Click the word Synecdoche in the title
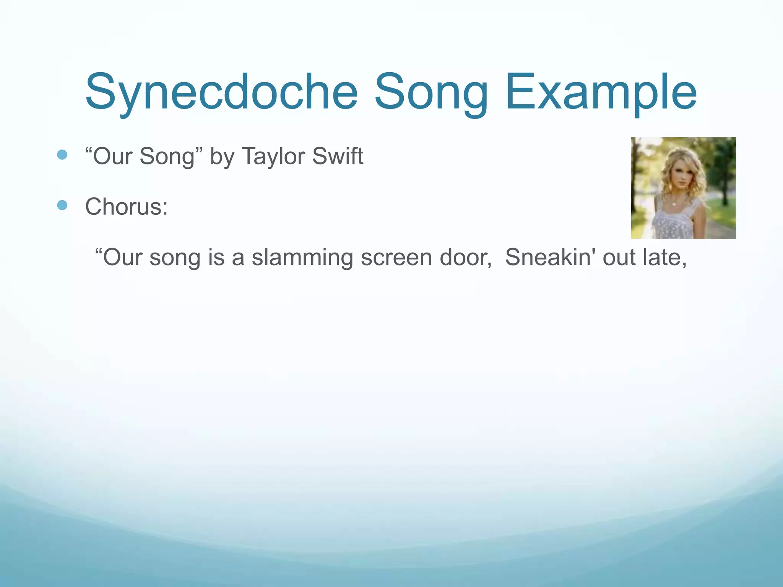(x=221, y=92)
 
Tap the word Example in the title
(x=601, y=92)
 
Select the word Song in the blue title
(x=431, y=92)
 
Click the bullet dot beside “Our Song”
(x=62, y=155)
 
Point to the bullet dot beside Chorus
(x=62, y=206)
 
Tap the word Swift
(x=338, y=156)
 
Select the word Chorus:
(x=126, y=207)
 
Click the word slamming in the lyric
(x=302, y=258)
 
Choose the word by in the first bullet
(x=222, y=157)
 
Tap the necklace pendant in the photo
(x=674, y=204)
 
